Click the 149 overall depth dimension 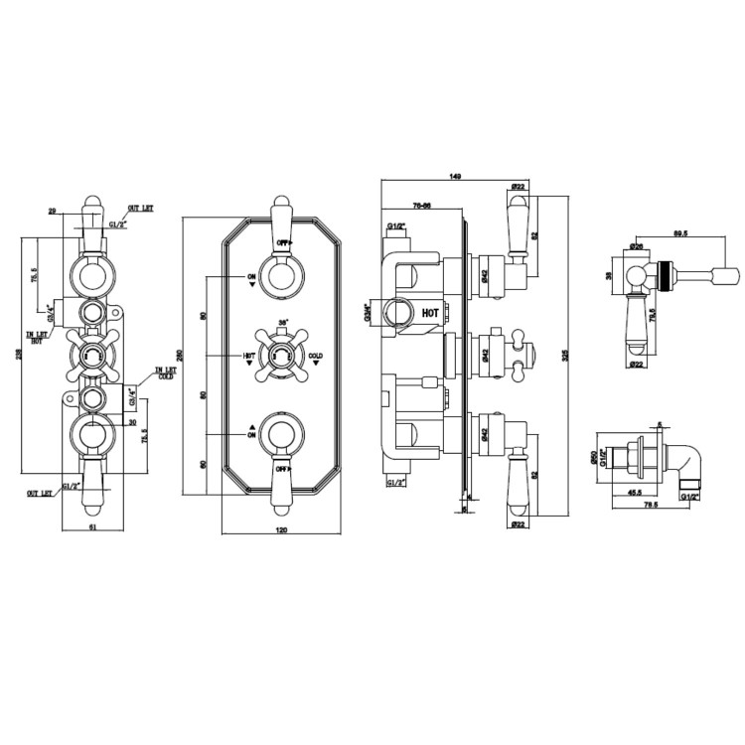(x=455, y=177)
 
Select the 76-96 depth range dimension (x=420, y=206)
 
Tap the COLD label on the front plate (x=316, y=355)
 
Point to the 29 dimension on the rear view (x=53, y=211)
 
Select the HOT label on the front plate (x=248, y=355)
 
